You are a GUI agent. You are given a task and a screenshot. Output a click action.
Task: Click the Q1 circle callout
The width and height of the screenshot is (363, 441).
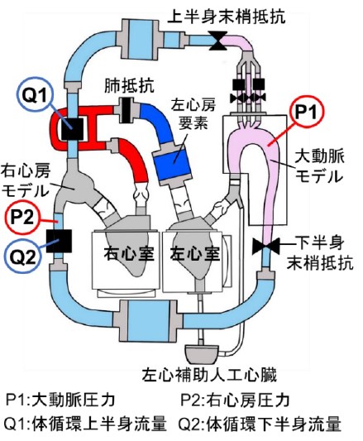[34, 95]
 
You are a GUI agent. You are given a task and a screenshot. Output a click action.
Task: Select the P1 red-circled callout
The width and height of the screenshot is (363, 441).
[306, 113]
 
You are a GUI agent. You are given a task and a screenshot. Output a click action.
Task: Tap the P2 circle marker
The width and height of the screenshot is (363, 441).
[23, 217]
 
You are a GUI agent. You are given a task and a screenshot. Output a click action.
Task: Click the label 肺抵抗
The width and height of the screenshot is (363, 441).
[129, 85]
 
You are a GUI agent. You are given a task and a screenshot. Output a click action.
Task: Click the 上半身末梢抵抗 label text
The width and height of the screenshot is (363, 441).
[227, 16]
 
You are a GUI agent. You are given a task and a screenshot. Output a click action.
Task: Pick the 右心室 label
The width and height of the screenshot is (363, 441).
[129, 253]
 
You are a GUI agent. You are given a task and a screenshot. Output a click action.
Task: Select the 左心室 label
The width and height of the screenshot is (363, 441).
[194, 253]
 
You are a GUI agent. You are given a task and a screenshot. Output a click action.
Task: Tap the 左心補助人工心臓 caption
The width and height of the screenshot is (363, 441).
[209, 375]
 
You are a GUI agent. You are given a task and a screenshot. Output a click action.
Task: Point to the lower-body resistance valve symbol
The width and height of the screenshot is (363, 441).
[265, 246]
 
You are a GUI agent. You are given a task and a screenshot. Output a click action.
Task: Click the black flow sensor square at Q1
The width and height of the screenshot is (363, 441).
[72, 129]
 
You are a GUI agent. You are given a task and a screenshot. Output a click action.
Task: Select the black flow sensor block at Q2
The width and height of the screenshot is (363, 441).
[59, 241]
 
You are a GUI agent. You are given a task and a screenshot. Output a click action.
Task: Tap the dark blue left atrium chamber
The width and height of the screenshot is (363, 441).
[171, 163]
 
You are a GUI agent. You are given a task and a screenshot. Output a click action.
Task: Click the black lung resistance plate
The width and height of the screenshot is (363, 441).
[127, 110]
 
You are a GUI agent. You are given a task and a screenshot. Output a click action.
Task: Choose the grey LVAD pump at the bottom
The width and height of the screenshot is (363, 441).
[201, 354]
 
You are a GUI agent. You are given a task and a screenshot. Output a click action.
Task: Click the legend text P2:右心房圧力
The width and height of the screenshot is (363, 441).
[235, 400]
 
